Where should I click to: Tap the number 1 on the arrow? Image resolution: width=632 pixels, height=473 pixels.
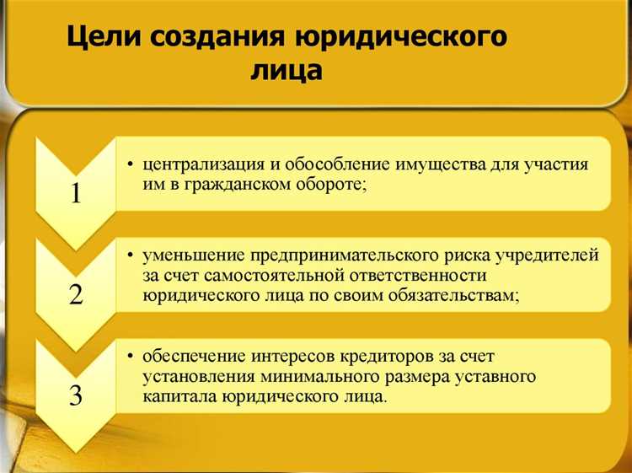(x=76, y=193)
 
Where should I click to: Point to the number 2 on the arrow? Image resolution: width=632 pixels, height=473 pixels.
(x=76, y=294)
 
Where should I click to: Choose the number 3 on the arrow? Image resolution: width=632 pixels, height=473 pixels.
(x=76, y=395)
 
